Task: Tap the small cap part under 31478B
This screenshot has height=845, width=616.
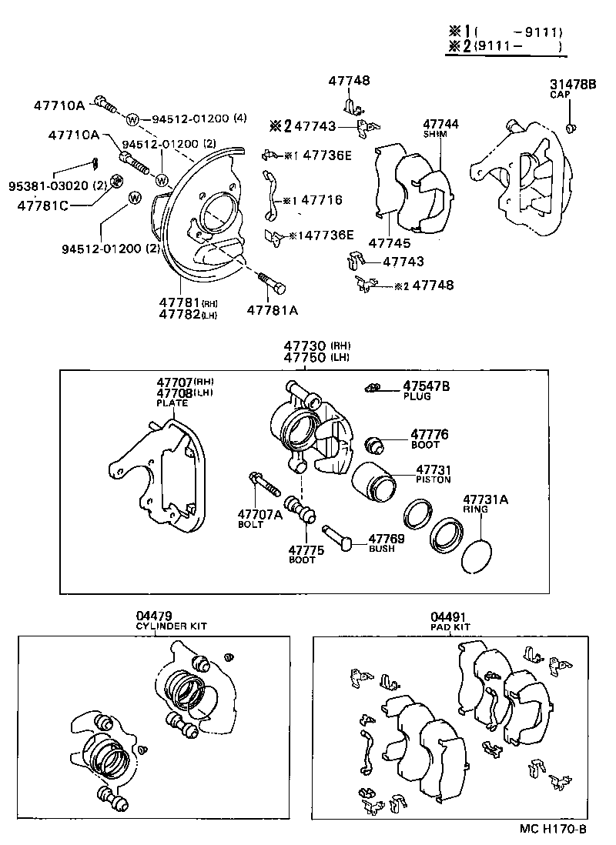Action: pyautogui.click(x=571, y=126)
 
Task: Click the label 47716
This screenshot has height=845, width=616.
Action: pyautogui.click(x=321, y=199)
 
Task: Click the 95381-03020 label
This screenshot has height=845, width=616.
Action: pyautogui.click(x=46, y=186)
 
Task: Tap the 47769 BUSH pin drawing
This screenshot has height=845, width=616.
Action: pyautogui.click(x=336, y=537)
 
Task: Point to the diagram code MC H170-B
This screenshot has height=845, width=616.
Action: pyautogui.click(x=552, y=829)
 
